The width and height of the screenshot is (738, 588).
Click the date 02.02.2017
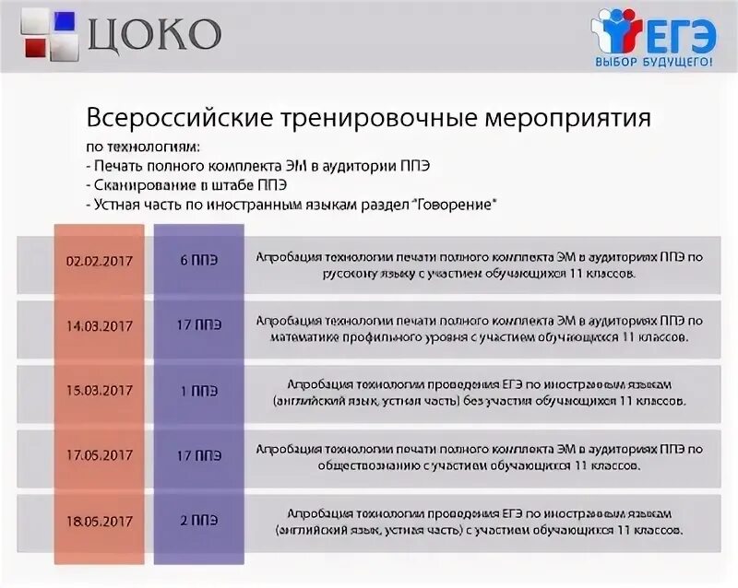click(x=99, y=261)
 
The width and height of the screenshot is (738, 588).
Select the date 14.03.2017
click(x=99, y=325)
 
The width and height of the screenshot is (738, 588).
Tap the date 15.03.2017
click(x=99, y=391)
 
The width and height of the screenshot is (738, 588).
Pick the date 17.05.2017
click(x=99, y=455)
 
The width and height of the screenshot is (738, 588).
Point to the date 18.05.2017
click(x=99, y=521)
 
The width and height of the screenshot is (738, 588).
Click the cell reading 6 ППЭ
click(x=199, y=261)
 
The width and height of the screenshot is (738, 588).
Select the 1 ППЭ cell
click(x=199, y=391)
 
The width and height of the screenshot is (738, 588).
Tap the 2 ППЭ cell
click(x=199, y=521)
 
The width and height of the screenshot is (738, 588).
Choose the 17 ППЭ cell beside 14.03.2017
click(x=199, y=325)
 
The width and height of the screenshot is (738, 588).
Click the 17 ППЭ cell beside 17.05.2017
click(x=199, y=455)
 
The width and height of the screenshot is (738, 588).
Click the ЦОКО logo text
click(x=154, y=34)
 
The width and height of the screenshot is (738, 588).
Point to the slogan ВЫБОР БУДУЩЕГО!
click(x=654, y=61)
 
